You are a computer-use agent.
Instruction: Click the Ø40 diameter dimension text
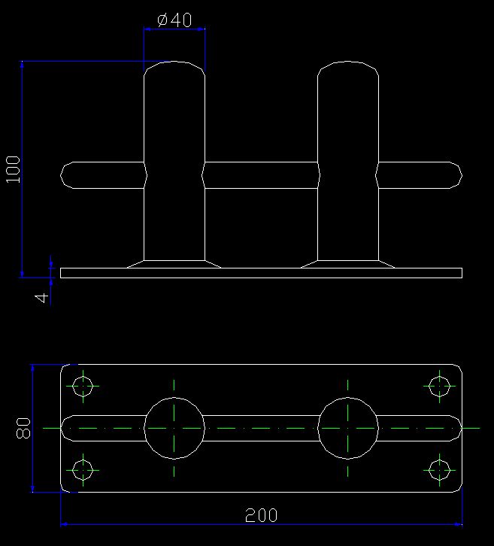click(x=174, y=20)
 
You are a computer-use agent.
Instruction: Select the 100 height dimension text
click(x=14, y=169)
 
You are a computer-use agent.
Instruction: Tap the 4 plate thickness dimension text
click(x=42, y=298)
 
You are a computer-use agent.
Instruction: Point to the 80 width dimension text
click(x=23, y=428)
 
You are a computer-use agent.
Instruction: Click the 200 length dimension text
click(x=262, y=515)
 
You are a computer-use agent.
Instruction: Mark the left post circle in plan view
click(x=174, y=398)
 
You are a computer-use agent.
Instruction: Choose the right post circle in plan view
click(x=348, y=398)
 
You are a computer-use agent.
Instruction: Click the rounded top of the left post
click(x=174, y=62)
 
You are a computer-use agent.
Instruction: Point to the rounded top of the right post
click(x=348, y=62)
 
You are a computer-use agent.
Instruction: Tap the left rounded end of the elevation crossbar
click(x=61, y=174)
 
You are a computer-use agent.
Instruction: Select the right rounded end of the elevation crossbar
click(x=462, y=174)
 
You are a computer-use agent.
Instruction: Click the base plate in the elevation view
click(x=261, y=273)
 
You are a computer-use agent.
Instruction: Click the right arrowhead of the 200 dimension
click(x=459, y=524)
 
